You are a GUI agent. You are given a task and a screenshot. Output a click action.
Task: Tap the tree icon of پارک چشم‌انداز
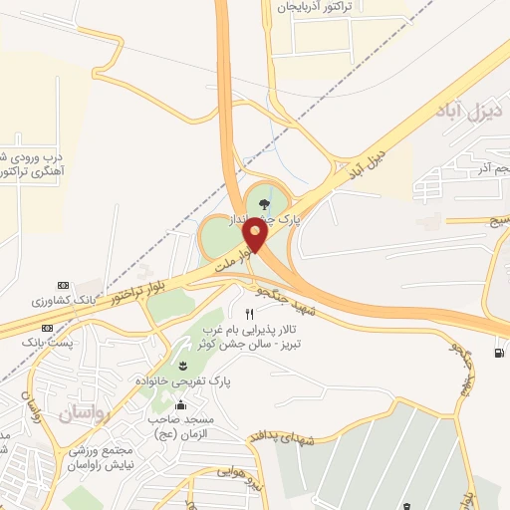tap(263, 203)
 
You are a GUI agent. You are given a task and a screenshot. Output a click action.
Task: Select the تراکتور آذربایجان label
tap(320, 6)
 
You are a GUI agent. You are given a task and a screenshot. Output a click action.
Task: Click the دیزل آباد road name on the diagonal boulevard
tap(366, 164)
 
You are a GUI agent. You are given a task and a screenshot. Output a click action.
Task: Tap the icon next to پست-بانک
tap(48, 328)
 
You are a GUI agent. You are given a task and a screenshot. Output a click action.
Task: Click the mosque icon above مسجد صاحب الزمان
tap(180, 404)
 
